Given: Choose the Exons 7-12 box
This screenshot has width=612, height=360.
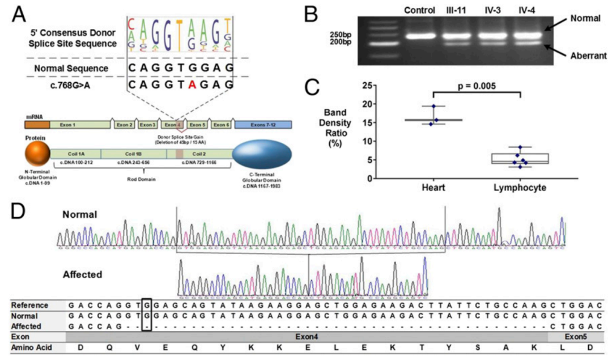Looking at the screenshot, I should [263, 124].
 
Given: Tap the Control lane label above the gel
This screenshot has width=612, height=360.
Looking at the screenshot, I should [420, 11].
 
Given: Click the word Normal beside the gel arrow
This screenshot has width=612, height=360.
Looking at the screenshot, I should [585, 18].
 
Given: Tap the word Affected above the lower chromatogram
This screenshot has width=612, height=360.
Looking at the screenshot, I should [83, 275].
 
